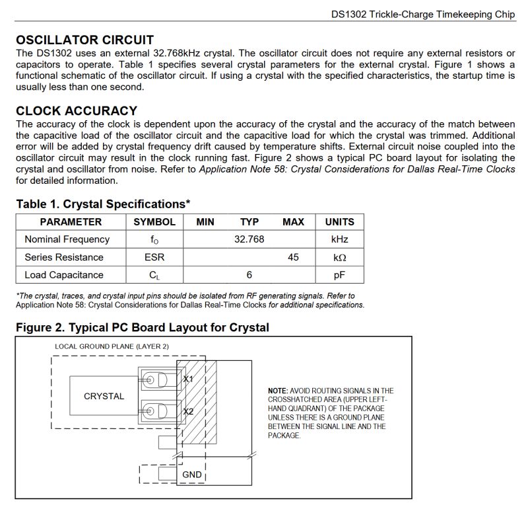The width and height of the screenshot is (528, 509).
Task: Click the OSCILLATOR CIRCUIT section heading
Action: click(84, 40)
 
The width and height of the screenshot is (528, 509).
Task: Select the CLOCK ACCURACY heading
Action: click(77, 111)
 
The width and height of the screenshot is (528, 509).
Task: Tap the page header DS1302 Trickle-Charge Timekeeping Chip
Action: click(422, 13)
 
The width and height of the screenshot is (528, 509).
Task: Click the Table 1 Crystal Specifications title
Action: click(103, 204)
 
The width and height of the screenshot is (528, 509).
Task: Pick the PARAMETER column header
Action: click(71, 222)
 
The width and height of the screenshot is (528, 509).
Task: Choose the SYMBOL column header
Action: click(154, 222)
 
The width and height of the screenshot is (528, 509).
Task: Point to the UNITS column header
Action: click(339, 222)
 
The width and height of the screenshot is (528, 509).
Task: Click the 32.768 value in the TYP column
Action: click(249, 239)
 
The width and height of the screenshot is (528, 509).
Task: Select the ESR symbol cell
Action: click(154, 257)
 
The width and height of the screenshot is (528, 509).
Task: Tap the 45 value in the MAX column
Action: click(293, 257)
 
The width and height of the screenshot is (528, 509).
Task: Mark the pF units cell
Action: click(339, 275)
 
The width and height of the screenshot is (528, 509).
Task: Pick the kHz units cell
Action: click(339, 239)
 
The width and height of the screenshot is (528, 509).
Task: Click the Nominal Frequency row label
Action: click(67, 239)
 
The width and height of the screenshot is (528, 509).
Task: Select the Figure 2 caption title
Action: click(143, 328)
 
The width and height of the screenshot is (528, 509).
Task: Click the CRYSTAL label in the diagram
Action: click(104, 396)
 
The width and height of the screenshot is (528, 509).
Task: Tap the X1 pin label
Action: click(188, 379)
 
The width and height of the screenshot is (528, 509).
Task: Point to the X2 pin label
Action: click(188, 411)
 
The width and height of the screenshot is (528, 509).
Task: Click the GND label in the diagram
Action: click(191, 475)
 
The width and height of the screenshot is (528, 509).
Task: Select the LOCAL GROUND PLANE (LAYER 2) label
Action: click(112, 346)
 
